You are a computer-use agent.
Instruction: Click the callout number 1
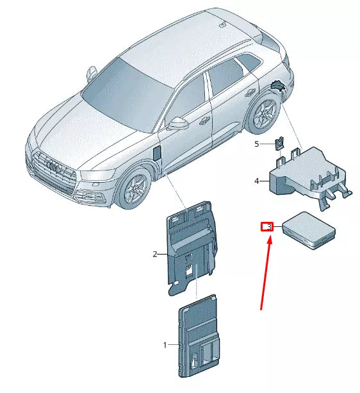[165, 345]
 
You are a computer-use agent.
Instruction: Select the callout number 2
[155, 254]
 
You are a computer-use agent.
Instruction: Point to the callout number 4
[257, 181]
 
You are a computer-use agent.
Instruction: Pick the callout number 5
[257, 144]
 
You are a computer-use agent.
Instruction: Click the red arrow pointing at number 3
[266, 274]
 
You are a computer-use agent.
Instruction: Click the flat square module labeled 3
[309, 230]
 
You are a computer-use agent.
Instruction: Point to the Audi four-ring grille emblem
[54, 166]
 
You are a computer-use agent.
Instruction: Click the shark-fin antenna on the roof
[224, 24]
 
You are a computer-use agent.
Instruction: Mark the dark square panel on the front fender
[157, 153]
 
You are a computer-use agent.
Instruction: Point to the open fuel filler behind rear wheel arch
[278, 86]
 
